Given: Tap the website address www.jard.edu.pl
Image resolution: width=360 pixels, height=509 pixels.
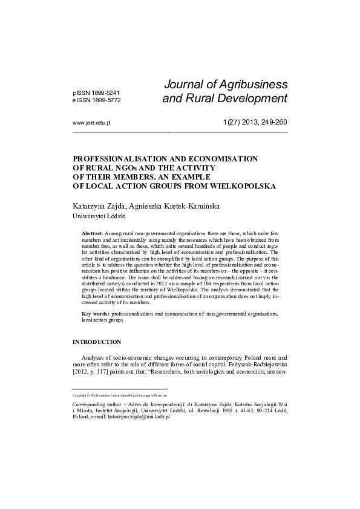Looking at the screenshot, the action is tap(91, 122).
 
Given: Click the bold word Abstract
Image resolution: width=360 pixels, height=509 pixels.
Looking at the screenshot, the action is tap(92, 233).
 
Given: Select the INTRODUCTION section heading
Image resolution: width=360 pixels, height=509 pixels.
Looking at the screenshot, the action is tap(97, 342).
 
